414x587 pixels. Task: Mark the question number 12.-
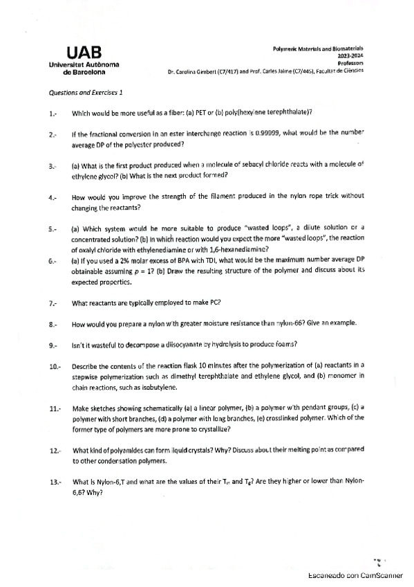tap(55, 451)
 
